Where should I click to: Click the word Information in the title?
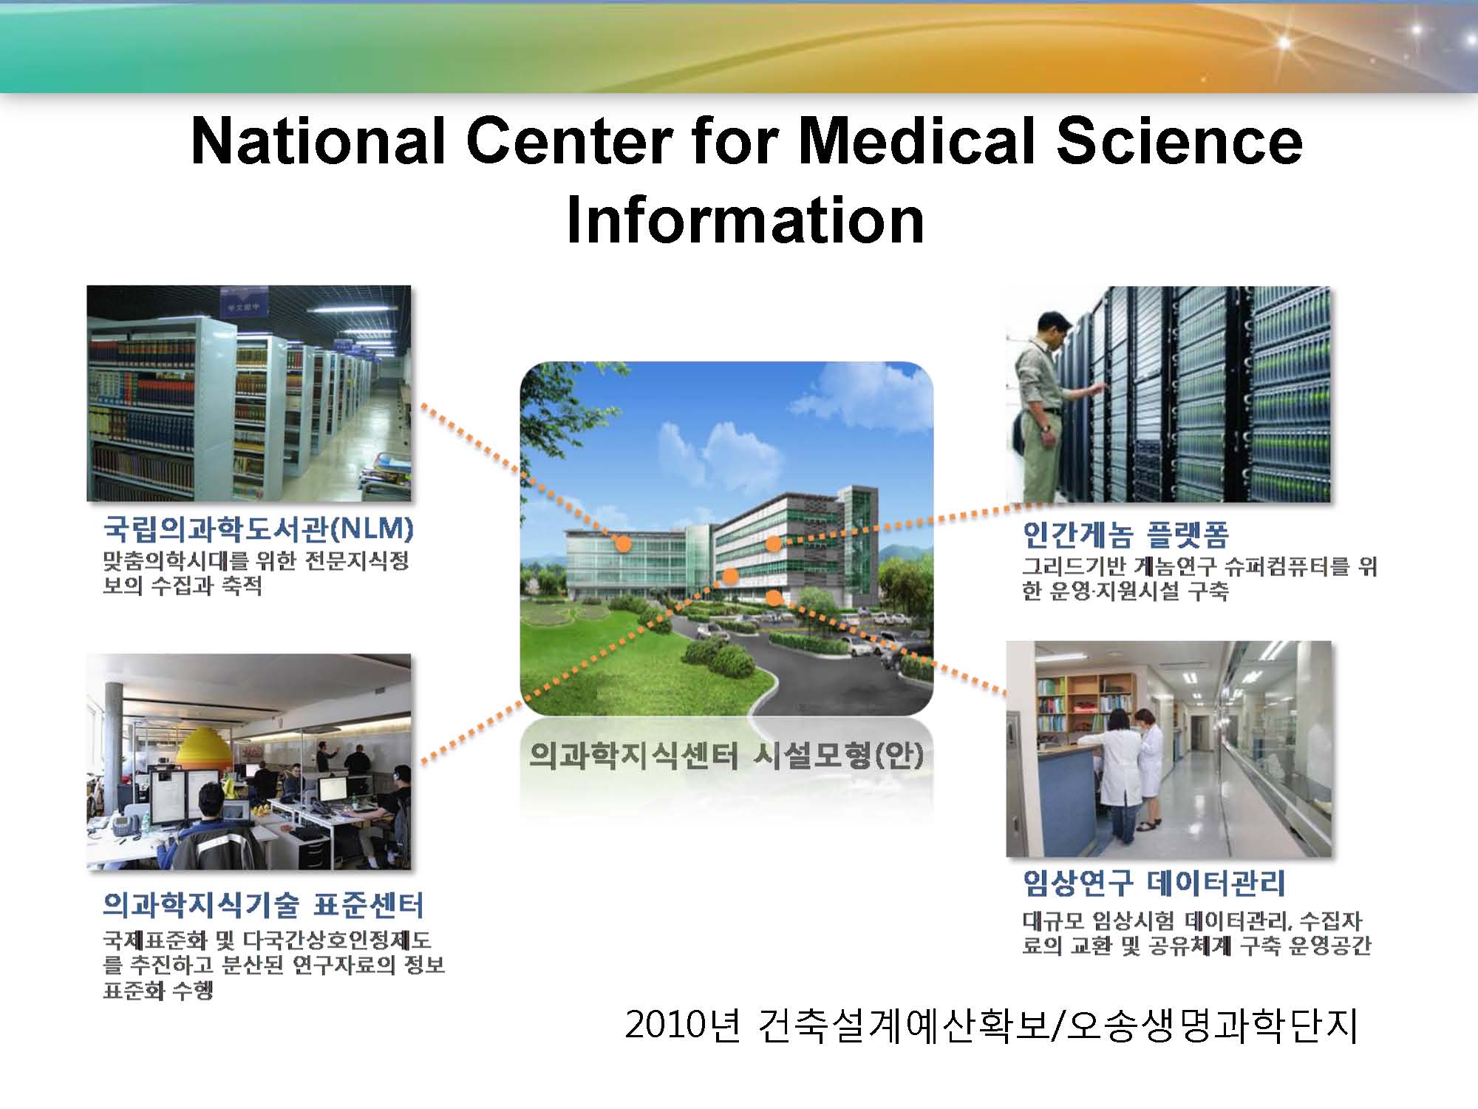click(745, 220)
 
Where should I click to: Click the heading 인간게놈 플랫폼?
click(1125, 533)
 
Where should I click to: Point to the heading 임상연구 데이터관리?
click(1154, 882)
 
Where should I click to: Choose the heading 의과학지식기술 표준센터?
click(263, 904)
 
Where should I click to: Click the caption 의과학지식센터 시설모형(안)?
click(726, 754)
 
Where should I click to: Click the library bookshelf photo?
click(249, 393)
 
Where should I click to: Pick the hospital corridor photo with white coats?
click(1168, 749)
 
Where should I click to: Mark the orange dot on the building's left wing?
click(623, 544)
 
